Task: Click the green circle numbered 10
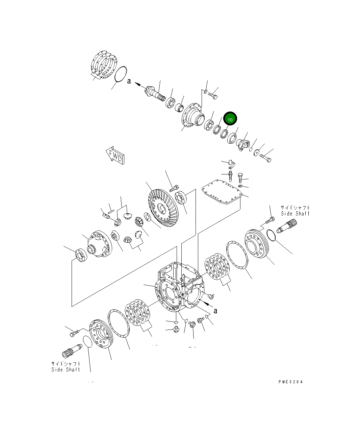tap(230, 119)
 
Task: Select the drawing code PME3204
tap(290, 382)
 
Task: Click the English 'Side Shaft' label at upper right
tap(295, 214)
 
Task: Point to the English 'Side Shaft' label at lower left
tap(66, 369)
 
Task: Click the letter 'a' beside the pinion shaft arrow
tap(129, 81)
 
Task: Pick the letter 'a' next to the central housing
tap(215, 311)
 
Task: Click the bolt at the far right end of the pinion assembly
tap(265, 158)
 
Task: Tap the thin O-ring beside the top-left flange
tap(120, 74)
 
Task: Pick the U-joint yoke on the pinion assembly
tap(242, 144)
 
